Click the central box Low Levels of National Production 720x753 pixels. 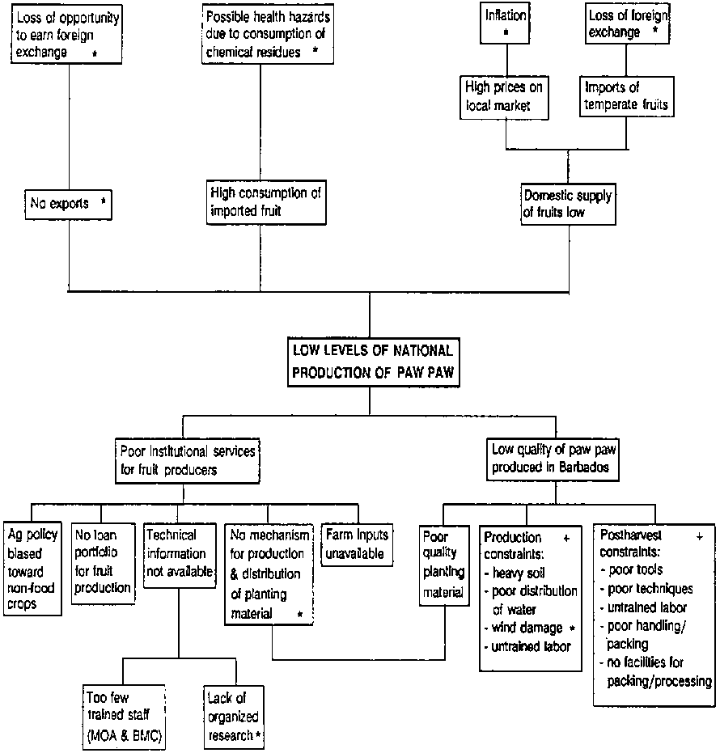[x=370, y=360]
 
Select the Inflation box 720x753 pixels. [x=506, y=22]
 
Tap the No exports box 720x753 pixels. [x=68, y=204]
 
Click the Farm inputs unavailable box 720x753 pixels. [x=356, y=544]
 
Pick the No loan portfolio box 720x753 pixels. [x=102, y=561]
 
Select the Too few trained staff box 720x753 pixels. [x=125, y=715]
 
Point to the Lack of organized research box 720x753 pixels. [x=235, y=715]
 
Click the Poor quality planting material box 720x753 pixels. [x=442, y=565]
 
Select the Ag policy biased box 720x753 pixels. [x=32, y=569]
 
